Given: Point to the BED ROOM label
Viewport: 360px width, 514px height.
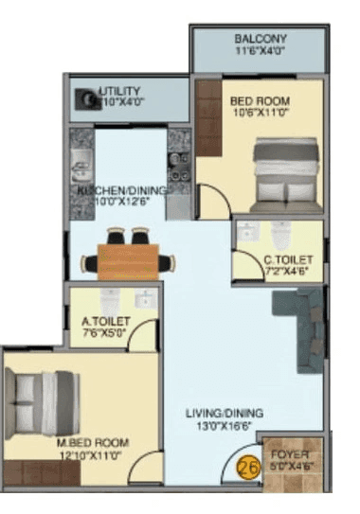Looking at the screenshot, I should [260, 100].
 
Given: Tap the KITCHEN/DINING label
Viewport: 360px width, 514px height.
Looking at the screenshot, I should [122, 190].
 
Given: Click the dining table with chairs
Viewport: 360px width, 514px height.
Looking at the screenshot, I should [126, 254].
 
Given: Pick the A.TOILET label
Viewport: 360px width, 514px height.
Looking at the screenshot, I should [102, 321].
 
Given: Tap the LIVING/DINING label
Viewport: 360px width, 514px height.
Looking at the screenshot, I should [224, 413].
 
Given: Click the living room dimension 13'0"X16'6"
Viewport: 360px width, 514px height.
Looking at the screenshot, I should [224, 427].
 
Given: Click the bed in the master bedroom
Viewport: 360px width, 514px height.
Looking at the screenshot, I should [42, 398].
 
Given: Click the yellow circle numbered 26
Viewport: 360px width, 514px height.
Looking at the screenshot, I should [249, 466].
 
